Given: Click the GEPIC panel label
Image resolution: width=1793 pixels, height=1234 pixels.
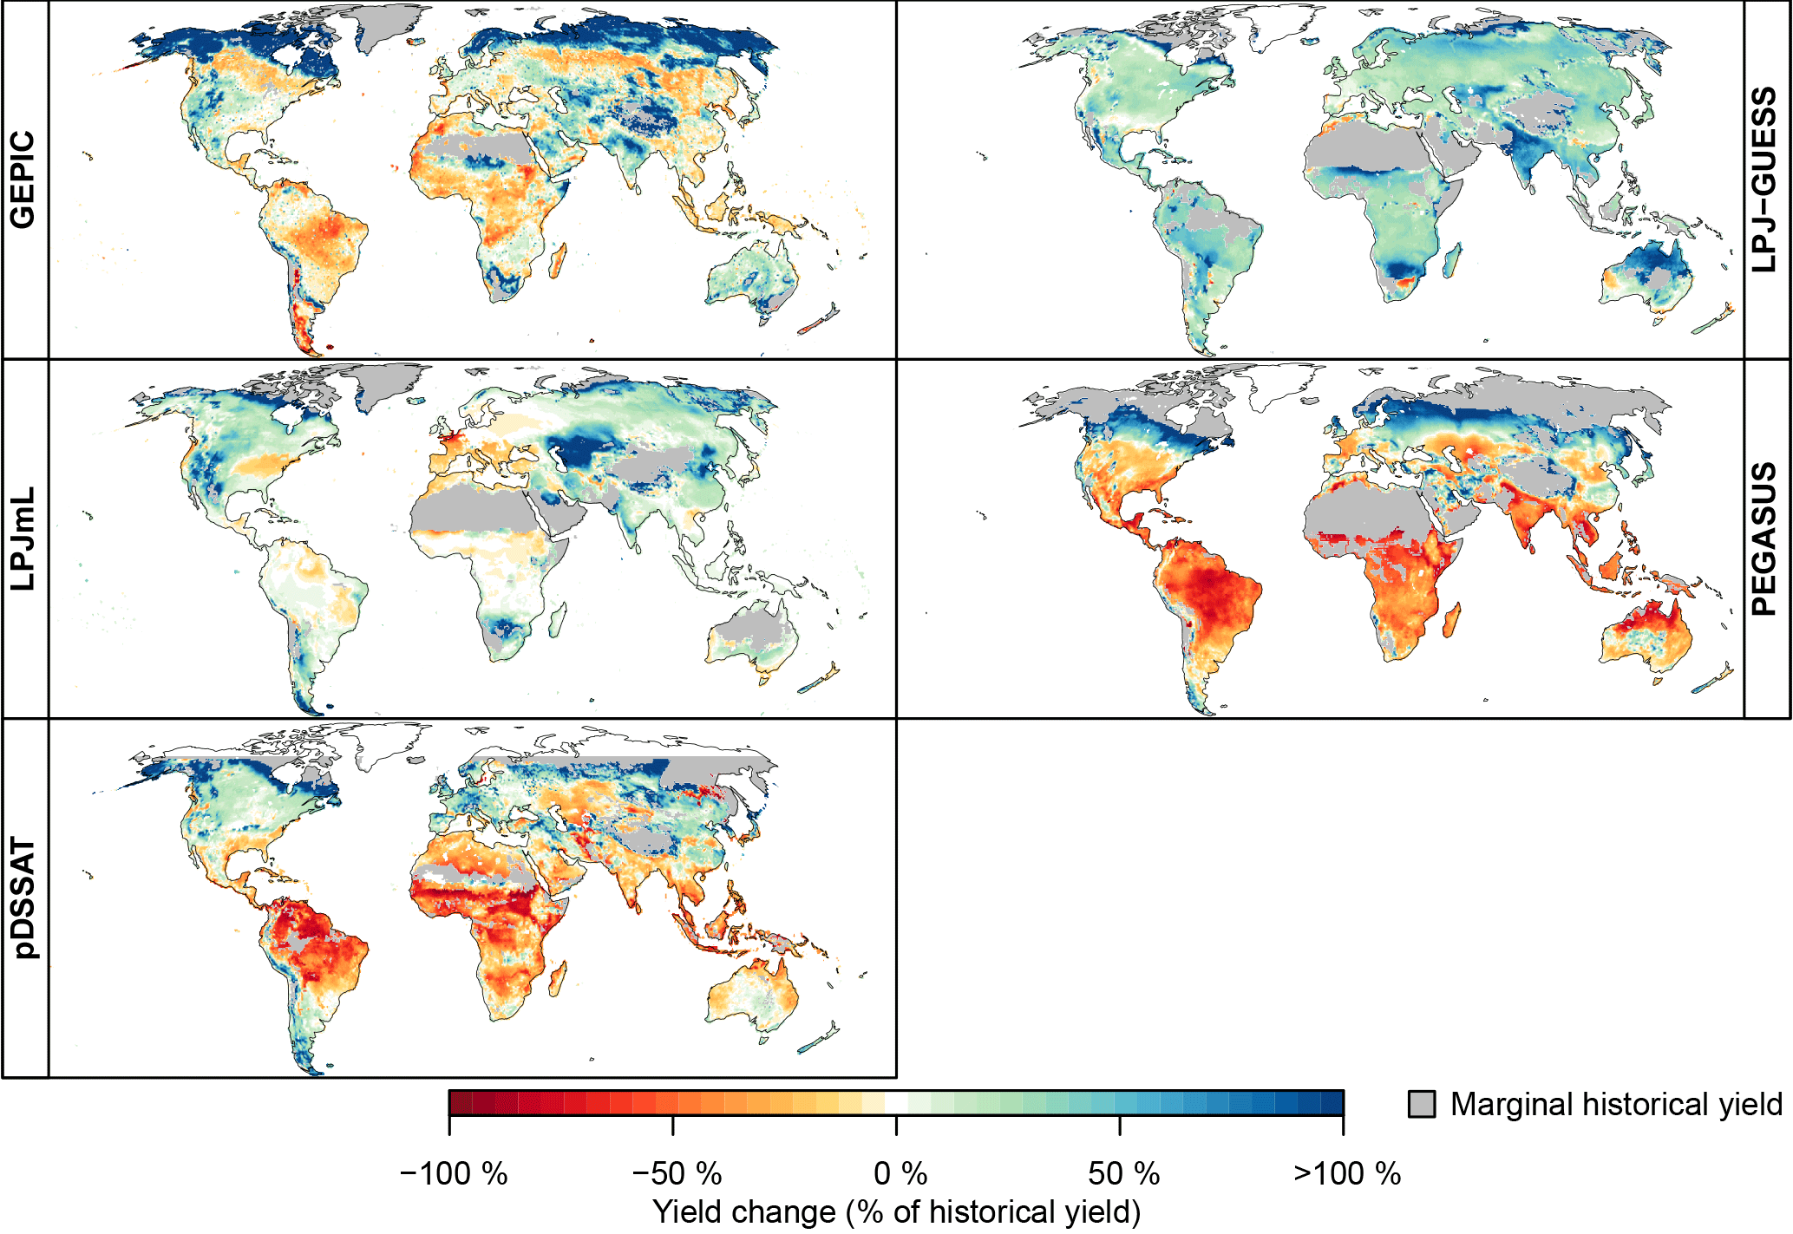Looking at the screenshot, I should click(23, 180).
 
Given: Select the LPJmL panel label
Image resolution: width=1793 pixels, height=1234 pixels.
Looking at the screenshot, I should click(23, 539).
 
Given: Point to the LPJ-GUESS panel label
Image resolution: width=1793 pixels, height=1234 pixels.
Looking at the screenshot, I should click(1764, 180).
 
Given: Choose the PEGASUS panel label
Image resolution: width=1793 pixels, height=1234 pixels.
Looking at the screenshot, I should click(1764, 539).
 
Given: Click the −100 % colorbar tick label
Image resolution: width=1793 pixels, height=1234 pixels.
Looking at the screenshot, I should click(453, 1174).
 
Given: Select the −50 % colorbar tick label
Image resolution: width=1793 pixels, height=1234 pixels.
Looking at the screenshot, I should click(677, 1174).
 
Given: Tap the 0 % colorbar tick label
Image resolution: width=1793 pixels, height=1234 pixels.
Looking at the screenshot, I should click(900, 1174).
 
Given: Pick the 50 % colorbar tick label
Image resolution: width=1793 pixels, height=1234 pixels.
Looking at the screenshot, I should click(1123, 1174).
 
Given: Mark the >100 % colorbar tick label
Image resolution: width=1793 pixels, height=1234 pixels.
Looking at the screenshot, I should click(1346, 1174).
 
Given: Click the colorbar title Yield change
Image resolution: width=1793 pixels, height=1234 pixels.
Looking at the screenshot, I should click(896, 1212).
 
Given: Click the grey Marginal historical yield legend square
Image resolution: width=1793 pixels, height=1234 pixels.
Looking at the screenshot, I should click(1421, 1104).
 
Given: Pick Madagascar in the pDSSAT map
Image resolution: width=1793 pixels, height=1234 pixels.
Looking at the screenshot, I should click(559, 976).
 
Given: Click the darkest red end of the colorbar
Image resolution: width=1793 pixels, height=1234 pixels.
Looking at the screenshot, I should click(455, 1103).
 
